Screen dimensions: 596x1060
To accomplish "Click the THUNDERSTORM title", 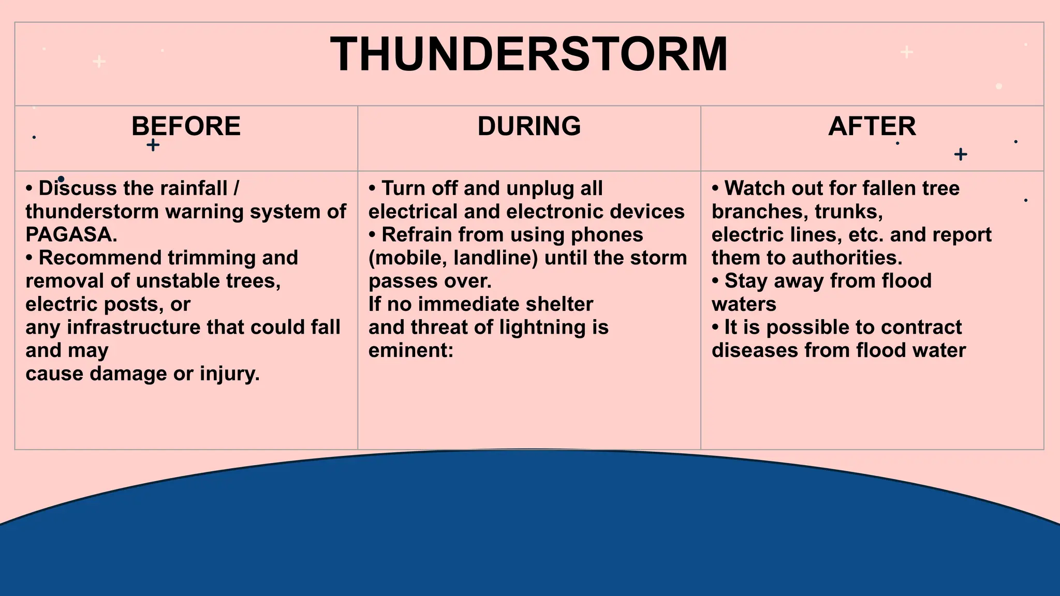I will [529, 54].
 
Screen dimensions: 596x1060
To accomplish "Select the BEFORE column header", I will [186, 126].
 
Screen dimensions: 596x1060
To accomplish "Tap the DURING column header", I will [529, 126].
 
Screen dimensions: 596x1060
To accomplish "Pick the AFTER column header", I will [872, 126].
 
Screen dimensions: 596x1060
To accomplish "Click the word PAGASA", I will [70, 235].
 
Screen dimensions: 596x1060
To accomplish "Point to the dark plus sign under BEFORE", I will [153, 145].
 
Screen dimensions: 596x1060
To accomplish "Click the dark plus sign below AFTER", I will [960, 154].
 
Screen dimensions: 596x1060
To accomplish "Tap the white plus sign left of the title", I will [99, 62].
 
